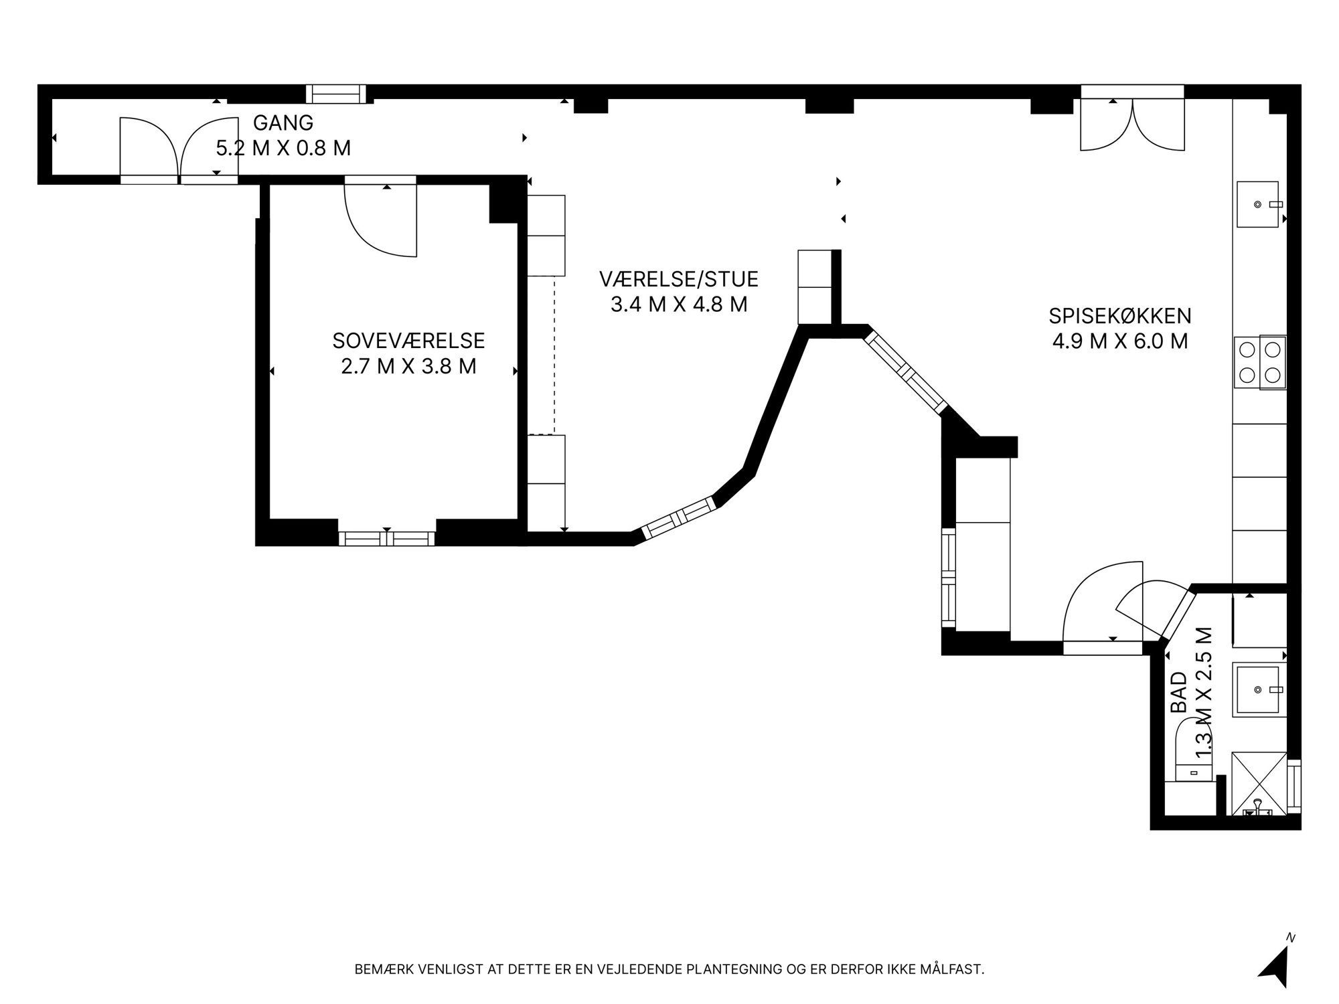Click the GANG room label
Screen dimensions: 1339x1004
coord(283,122)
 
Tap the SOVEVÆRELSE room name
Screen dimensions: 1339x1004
coord(408,341)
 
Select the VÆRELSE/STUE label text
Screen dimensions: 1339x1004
coord(679,278)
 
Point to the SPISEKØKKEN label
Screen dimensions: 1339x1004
coord(1120,315)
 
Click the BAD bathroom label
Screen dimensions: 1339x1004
coord(1178,692)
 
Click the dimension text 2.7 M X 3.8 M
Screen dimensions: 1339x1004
coord(408,367)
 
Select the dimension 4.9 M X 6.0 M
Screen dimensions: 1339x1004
coord(1120,341)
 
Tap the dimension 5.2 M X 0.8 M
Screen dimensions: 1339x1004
coord(283,148)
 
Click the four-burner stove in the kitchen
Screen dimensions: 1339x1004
coord(1260,362)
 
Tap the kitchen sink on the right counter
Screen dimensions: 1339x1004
coord(1259,204)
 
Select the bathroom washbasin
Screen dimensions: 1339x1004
coord(1259,689)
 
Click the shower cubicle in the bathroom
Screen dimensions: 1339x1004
coord(1259,784)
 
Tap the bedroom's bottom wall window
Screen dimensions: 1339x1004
coord(387,538)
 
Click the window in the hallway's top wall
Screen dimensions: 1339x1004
coord(336,94)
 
